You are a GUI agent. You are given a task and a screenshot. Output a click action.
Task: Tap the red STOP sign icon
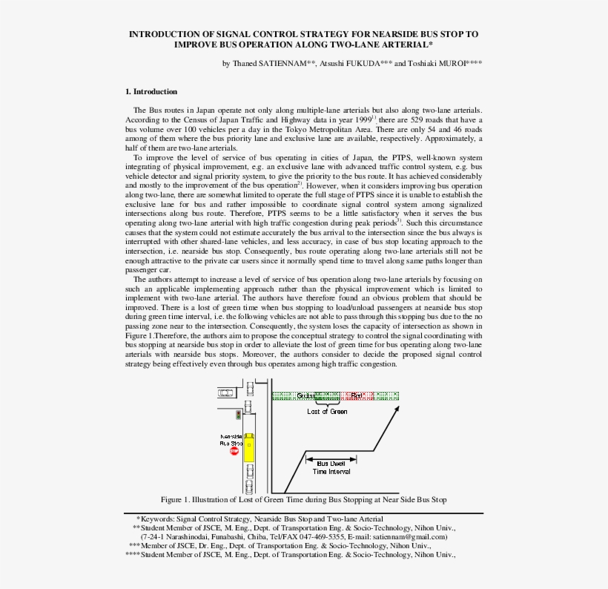(234, 450)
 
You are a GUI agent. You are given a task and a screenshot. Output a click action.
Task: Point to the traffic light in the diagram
(239, 415)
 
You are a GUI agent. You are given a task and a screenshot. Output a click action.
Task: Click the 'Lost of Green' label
(327, 411)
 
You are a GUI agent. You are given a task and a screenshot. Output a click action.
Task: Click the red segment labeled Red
(359, 395)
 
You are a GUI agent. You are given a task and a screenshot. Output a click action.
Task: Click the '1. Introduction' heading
(151, 91)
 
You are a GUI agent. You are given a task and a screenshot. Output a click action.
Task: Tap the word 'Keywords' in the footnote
(158, 518)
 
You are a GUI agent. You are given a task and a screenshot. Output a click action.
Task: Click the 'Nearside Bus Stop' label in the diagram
(230, 438)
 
